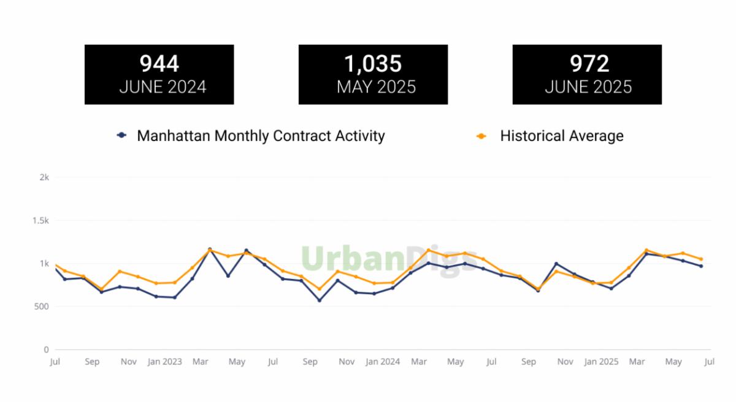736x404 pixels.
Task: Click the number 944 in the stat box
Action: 159,64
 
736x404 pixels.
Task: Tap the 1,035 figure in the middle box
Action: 373,64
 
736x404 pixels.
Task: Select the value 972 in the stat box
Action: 588,64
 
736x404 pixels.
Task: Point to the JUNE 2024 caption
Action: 163,87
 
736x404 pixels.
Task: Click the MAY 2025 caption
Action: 376,87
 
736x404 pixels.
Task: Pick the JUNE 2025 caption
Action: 588,87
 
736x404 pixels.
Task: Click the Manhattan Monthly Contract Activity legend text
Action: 261,135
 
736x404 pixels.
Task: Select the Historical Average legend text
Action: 561,135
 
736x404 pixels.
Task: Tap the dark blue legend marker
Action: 122,135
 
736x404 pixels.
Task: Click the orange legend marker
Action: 481,135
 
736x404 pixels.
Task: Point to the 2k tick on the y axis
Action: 44,177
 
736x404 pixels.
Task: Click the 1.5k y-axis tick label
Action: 40,220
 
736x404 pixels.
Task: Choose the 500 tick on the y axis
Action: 42,307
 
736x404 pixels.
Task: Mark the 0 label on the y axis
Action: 46,349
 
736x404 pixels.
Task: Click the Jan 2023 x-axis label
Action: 164,362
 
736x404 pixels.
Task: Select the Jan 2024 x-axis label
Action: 383,362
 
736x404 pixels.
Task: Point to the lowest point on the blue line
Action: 319,300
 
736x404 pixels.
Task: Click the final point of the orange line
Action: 701,259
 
